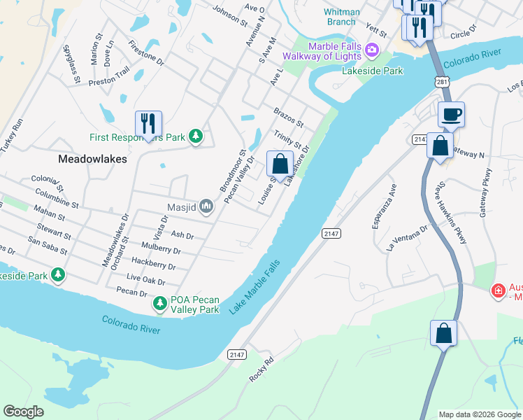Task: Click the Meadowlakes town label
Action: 92,159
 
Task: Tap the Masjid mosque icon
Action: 206,206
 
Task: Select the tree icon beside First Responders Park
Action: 196,137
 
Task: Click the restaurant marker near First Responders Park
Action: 148,125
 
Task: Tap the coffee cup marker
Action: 451,114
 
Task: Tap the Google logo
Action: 23,412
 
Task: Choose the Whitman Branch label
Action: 342,17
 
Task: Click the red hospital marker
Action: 498,290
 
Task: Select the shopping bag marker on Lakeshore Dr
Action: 280,164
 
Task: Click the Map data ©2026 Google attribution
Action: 480,414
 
